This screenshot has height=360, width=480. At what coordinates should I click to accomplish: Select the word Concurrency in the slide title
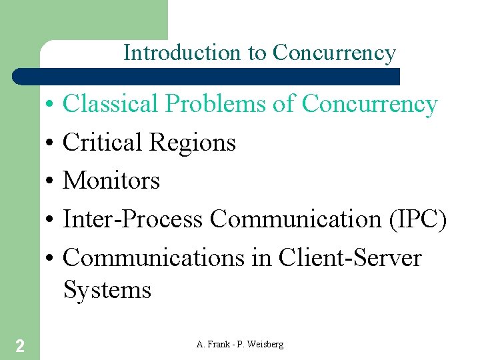coord(334,53)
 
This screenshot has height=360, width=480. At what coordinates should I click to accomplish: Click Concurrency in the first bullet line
coord(369,104)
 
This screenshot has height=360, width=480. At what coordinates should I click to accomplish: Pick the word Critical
coord(103,142)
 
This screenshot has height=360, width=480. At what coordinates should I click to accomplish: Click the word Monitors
coord(111,180)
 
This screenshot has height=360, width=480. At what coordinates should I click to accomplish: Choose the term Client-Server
coord(350,257)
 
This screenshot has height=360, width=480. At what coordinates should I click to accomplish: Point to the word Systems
coord(107,290)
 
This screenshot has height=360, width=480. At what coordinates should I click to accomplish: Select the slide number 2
coord(20,345)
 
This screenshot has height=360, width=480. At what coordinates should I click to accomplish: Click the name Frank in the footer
coord(220,344)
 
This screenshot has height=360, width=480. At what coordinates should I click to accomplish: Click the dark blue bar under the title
coord(207,76)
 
